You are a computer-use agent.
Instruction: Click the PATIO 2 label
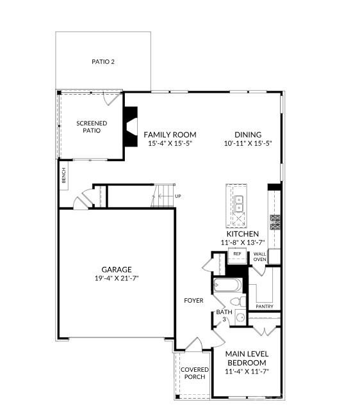tap(103, 62)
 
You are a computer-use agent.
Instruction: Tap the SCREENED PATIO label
tap(92, 127)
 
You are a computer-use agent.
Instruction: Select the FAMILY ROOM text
tap(169, 134)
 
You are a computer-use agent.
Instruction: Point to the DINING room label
tap(247, 134)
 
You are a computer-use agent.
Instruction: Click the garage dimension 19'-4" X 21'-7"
tap(117, 278)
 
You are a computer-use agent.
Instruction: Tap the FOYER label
tap(193, 299)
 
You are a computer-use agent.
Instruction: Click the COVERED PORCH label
tap(193, 373)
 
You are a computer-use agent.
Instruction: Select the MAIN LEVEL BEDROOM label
tap(247, 358)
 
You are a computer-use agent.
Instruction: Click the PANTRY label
tap(264, 307)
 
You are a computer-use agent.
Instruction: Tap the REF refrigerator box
tap(236, 254)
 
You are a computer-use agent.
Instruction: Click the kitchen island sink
tap(239, 203)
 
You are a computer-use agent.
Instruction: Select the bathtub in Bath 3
tap(225, 286)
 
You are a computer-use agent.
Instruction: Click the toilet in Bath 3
tap(236, 301)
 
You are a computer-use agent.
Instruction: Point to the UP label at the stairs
tap(177, 196)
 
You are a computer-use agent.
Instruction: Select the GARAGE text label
tap(117, 269)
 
